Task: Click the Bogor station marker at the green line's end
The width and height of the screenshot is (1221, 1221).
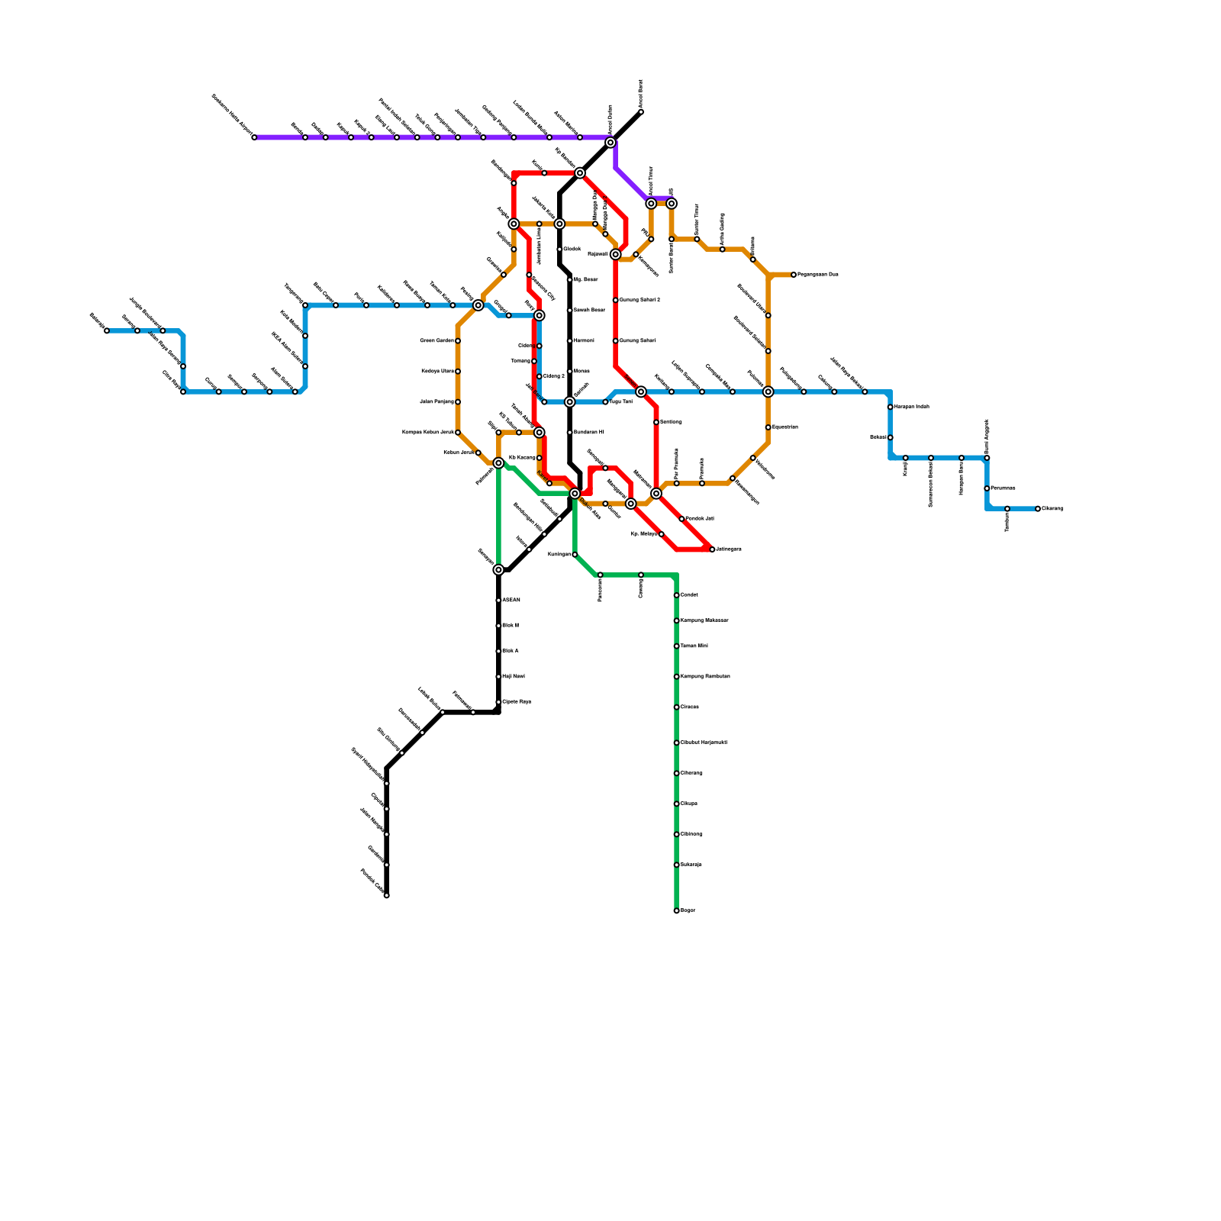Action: tap(676, 910)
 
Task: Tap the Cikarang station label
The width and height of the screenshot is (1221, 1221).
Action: tap(1052, 509)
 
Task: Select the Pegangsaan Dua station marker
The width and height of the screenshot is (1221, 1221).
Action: tap(794, 275)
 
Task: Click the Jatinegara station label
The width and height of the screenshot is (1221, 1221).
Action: tap(729, 549)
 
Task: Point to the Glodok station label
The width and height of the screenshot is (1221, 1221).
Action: tap(572, 250)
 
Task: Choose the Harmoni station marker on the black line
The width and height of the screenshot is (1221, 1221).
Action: tap(569, 340)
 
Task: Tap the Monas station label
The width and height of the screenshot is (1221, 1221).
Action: tap(582, 372)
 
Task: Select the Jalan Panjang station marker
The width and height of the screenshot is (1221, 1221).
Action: tap(458, 401)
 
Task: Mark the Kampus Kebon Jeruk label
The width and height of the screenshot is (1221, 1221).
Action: tap(427, 433)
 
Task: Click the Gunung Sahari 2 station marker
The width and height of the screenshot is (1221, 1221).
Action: tap(615, 300)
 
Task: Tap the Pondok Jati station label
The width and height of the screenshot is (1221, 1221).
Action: tap(700, 519)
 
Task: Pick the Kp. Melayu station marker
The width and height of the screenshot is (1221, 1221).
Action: tap(661, 534)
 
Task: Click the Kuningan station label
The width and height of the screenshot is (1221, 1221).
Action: tap(559, 555)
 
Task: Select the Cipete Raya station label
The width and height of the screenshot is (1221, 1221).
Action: tap(517, 702)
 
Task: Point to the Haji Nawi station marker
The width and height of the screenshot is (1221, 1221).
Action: tap(498, 677)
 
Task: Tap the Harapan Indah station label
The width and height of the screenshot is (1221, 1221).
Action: tap(912, 407)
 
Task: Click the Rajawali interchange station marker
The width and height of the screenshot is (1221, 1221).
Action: tap(615, 254)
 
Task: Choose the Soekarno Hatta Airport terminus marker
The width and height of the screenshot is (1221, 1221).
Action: tap(254, 137)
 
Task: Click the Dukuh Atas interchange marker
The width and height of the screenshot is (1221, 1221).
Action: tap(575, 494)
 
